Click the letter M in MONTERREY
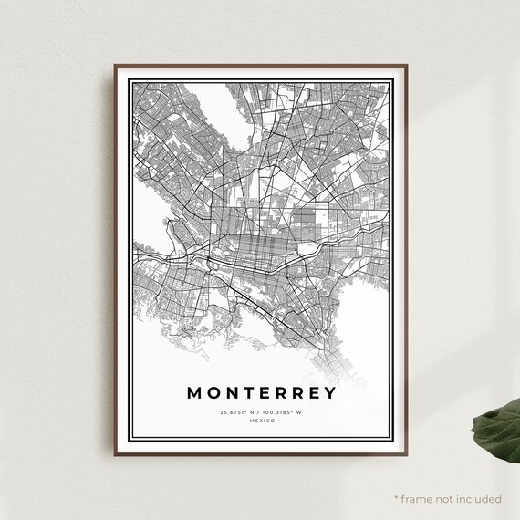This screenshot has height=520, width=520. coord(194,393)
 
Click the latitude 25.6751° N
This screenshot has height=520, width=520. coord(237,412)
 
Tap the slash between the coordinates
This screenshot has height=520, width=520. coord(260,412)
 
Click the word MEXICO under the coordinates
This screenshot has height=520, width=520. coord(261,421)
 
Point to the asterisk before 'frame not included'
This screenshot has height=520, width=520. coord(397,498)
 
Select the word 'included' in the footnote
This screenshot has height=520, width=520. coord(478,499)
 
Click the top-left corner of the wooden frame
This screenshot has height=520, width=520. coord(116,66)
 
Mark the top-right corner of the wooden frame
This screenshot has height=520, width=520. coord(406,66)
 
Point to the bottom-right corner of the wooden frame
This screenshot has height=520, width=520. coord(406,454)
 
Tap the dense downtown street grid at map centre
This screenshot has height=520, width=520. coord(260,246)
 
